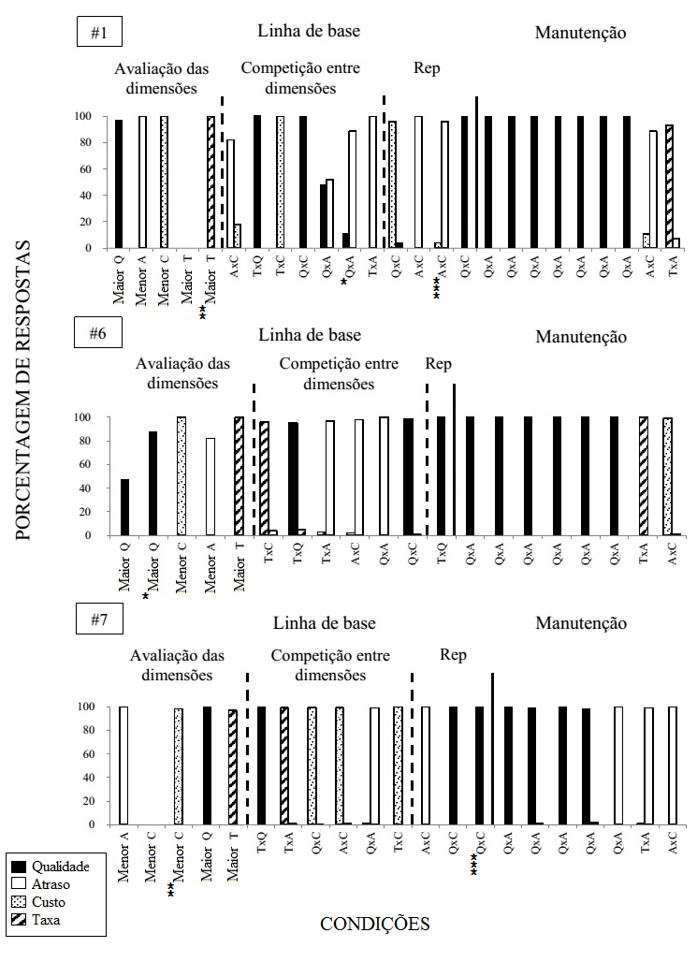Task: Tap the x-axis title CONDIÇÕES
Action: (x=374, y=925)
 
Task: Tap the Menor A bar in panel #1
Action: (x=142, y=182)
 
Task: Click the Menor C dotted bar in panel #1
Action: (x=165, y=182)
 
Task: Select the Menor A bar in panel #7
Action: (x=123, y=765)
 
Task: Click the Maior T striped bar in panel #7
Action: (x=233, y=767)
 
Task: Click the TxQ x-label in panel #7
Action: (x=263, y=850)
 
